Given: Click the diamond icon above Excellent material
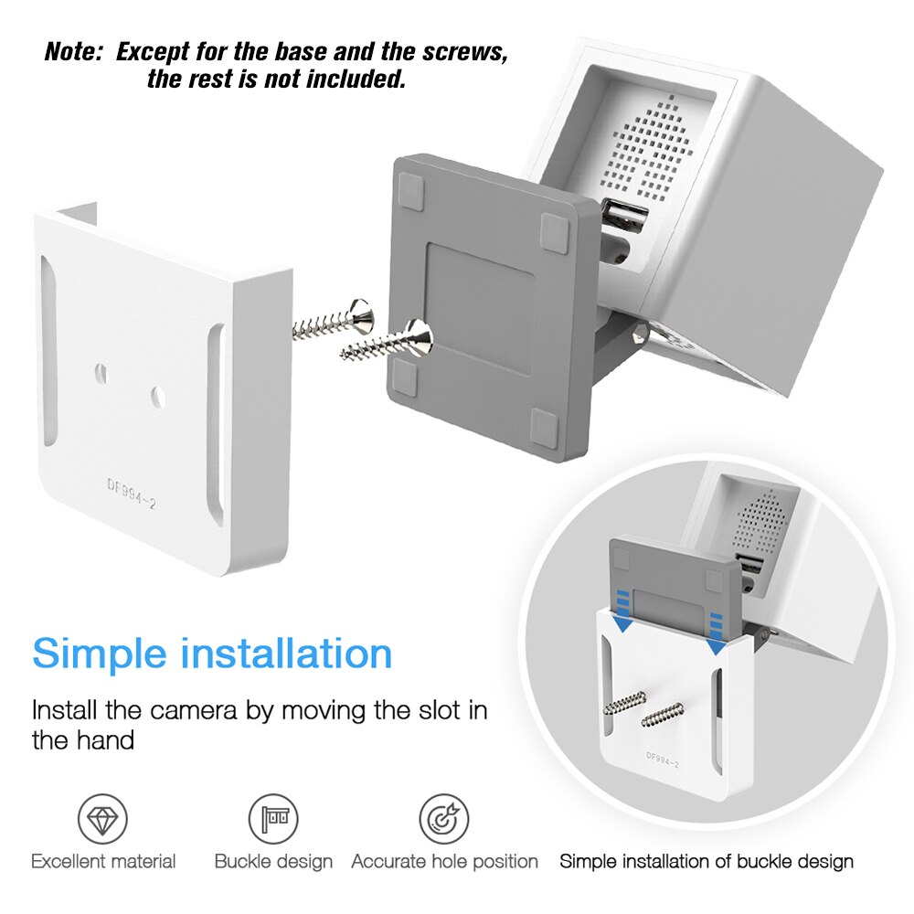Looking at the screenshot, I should point(102,819).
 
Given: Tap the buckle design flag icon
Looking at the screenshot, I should point(273,819).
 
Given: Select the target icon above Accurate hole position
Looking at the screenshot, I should point(444,819).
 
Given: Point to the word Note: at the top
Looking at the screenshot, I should point(76,52).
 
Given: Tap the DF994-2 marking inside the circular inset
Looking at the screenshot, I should point(665,756).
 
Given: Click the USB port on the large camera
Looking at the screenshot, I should point(625,217).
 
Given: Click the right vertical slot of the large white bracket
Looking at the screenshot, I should point(216,423).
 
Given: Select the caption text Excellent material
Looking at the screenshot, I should point(103,861).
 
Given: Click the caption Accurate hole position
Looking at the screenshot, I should point(445,861).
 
